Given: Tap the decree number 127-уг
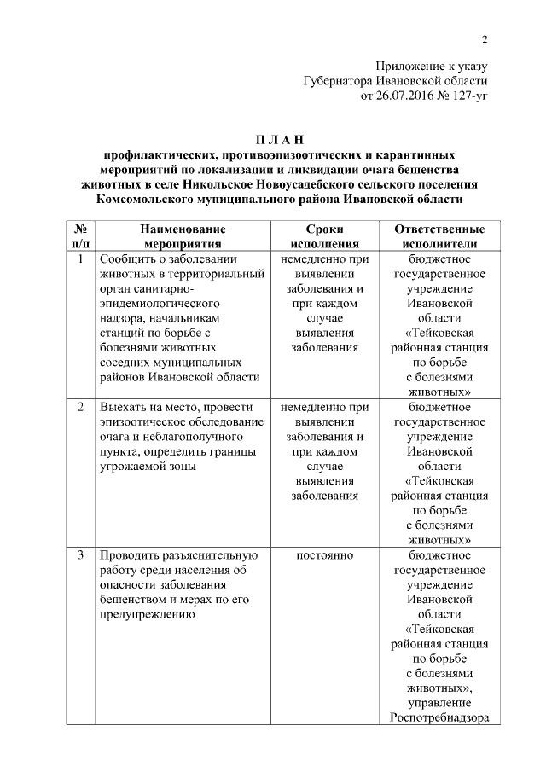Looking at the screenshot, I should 468,96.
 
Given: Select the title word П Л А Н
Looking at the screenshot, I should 280,140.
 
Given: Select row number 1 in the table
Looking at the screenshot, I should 79,258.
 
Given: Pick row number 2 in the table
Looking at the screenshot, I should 79,407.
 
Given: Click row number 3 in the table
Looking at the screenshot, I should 79,556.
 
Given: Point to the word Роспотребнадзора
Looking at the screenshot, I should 439,717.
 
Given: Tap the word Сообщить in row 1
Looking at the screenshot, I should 127,258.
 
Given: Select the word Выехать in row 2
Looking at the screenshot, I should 124,407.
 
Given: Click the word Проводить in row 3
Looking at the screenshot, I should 130,556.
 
